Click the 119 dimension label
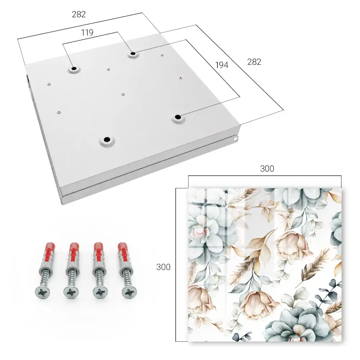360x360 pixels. coord(87,33)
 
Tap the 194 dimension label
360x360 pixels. coord(222,65)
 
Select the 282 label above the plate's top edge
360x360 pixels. coord(79,14)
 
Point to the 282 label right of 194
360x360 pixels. coord(254,62)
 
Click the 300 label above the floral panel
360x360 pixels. coord(267,169)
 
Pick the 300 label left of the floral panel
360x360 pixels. coord(163,267)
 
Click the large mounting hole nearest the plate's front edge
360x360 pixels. coord(107,139)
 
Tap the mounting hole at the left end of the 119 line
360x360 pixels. coord(74,68)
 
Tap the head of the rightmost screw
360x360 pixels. coord(129,292)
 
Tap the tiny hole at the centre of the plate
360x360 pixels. coord(123,94)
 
